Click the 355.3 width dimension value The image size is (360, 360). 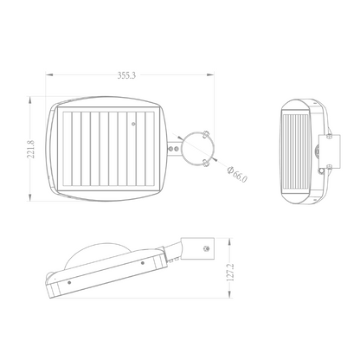point(126,75)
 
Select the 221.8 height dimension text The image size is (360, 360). point(30,149)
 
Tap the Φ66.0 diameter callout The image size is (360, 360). point(237,174)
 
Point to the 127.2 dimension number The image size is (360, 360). point(229,272)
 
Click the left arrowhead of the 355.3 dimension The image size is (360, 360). point(49,75)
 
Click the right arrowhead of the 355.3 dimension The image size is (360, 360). point(210,75)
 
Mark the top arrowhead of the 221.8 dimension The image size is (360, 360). point(29,100)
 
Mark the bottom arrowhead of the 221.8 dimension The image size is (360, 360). point(29,197)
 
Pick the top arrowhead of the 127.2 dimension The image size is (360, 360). point(229,241)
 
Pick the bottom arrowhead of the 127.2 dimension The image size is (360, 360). point(229,294)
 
